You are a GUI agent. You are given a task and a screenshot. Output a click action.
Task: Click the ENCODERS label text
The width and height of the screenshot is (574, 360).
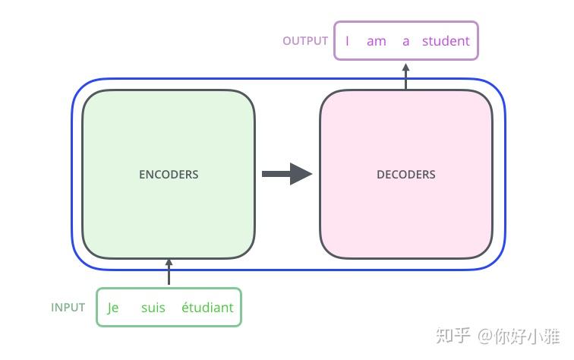(169, 174)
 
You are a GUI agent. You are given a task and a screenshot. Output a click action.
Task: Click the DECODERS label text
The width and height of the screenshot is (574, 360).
(405, 174)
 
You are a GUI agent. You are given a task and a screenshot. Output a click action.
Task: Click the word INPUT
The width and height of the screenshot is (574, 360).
(68, 308)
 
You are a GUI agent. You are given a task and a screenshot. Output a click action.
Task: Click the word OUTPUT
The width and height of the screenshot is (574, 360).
(305, 41)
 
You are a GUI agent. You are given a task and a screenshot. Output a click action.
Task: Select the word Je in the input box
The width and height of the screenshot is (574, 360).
(113, 308)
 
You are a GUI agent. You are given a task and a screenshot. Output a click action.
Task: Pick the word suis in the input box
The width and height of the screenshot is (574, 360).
(153, 308)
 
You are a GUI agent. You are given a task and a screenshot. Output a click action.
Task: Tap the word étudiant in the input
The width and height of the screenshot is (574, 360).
(207, 308)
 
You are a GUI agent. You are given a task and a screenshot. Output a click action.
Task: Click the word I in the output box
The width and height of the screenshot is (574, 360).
(347, 41)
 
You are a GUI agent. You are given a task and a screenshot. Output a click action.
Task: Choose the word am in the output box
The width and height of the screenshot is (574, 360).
(376, 41)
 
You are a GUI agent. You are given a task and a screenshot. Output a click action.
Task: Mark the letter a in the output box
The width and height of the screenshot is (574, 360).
(405, 41)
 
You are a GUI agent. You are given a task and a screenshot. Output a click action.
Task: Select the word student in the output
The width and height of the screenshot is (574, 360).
(446, 41)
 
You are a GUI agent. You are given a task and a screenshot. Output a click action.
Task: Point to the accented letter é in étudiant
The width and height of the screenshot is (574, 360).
(185, 308)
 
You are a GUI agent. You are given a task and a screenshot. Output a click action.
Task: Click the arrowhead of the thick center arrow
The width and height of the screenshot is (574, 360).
(301, 174)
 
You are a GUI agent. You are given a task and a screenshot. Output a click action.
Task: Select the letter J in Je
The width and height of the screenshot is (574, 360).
(109, 308)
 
